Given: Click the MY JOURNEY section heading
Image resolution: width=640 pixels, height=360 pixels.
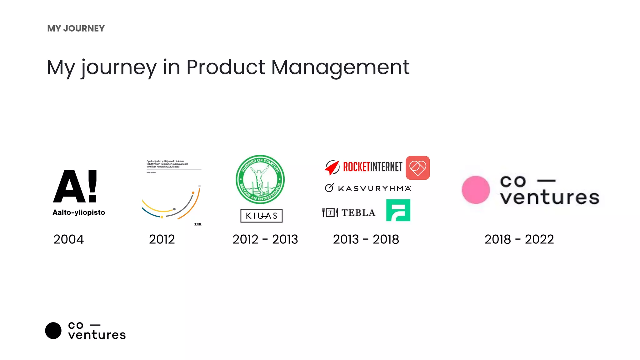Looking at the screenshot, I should [76, 28].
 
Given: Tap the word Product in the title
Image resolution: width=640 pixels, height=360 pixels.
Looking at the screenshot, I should [226, 67].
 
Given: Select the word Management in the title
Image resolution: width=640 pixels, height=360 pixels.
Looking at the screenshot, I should [340, 68].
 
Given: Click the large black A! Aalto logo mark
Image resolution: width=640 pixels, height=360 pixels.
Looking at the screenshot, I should [75, 186].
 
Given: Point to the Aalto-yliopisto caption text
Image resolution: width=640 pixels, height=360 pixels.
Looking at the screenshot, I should [79, 212].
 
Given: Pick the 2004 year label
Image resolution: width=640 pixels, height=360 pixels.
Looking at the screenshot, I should [69, 239].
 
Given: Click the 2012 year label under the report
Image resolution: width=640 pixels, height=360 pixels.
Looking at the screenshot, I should [162, 239].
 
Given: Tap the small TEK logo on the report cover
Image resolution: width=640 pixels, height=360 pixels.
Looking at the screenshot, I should [198, 224].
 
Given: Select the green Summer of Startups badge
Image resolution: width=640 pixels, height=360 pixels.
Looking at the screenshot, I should [260, 179].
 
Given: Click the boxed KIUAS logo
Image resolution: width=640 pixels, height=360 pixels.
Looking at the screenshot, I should [261, 216].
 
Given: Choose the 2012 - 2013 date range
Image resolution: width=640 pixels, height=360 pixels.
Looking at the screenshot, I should [265, 239].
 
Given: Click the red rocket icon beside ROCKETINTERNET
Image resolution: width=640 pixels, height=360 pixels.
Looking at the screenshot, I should [332, 167].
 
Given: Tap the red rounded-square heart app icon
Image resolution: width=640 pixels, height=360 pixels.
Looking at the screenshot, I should [417, 168].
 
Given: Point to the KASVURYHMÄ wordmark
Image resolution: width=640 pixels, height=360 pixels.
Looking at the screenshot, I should [374, 188].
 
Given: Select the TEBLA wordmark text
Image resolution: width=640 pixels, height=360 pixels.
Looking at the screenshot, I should [358, 213].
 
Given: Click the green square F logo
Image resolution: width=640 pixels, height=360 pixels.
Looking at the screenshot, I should [398, 210].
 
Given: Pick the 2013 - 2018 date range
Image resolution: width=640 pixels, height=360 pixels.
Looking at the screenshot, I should [366, 239].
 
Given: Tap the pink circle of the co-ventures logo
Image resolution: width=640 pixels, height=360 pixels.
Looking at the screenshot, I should [476, 190].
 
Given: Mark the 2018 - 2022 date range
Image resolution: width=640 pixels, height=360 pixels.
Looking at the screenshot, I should [519, 239].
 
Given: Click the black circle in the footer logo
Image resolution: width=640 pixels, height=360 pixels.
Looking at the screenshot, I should [53, 331].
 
